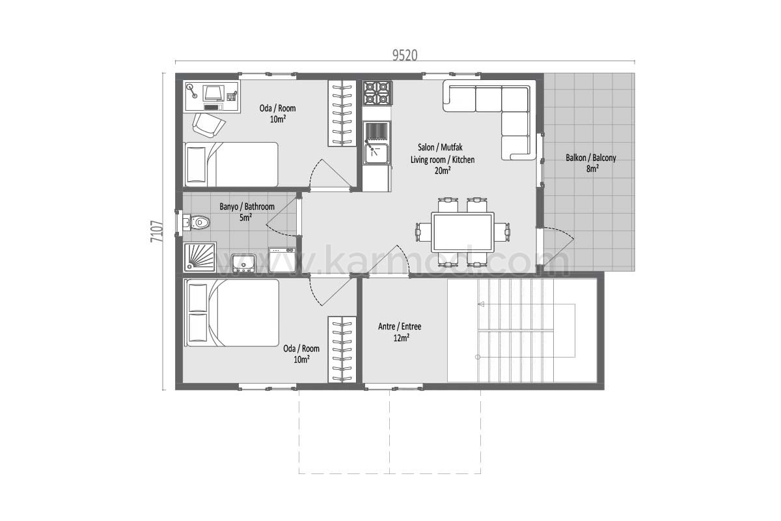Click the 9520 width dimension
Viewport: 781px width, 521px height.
point(405,55)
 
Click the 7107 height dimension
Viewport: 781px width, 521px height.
point(157,231)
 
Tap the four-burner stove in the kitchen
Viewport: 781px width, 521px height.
point(377,93)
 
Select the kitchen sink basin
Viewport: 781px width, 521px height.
point(377,154)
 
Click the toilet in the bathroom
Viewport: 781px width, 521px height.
point(197,222)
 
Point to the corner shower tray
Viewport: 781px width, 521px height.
point(200,257)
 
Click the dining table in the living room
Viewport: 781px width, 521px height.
point(463,232)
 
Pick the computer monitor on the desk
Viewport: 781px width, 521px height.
point(213,93)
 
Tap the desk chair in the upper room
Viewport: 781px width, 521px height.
point(208,125)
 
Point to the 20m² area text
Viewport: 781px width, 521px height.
point(443,171)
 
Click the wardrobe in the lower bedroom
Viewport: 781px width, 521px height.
point(342,349)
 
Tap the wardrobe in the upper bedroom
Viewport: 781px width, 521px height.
point(342,113)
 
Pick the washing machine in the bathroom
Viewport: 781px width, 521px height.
point(282,260)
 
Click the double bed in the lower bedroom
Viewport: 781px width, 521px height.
point(232,313)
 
